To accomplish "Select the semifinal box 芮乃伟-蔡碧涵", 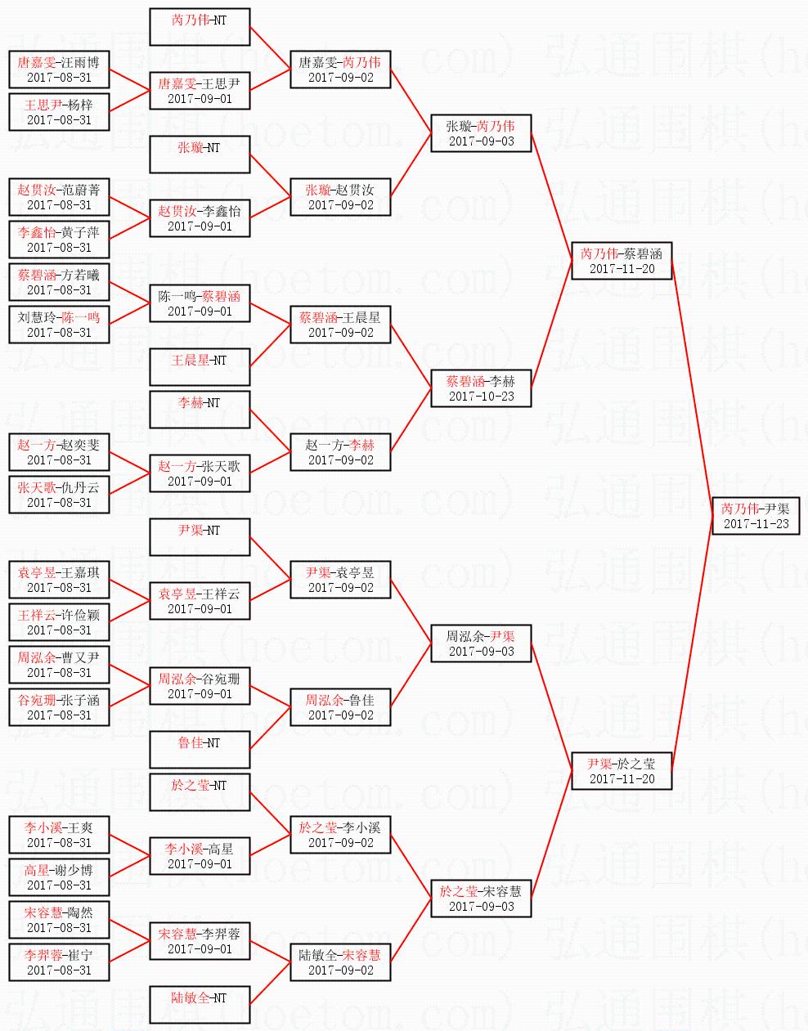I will [x=622, y=260].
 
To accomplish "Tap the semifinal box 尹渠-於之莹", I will [x=622, y=770].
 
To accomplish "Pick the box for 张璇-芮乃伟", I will [x=481, y=132].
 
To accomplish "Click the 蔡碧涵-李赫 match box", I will [x=481, y=388].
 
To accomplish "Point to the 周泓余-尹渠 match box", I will [x=481, y=643].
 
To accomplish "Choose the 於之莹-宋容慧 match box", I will [x=481, y=898].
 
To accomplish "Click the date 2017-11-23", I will [x=756, y=523].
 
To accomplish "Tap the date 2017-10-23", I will [x=481, y=396].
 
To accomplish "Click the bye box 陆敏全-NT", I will [x=200, y=1004].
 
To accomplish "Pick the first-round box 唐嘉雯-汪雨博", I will [x=59, y=69].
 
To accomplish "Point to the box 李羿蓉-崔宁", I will [x=59, y=962].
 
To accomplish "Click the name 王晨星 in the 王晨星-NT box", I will [x=189, y=360].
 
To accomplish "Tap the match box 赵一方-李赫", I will [x=340, y=451].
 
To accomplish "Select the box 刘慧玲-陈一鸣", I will [x=59, y=324].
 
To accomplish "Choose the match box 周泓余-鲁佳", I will [x=340, y=706].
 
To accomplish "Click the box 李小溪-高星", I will [x=200, y=855].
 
